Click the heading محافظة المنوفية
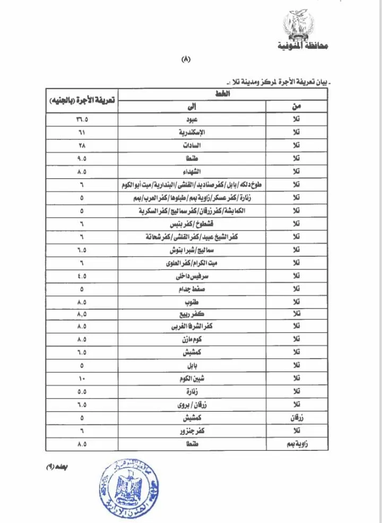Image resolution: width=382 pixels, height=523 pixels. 303,47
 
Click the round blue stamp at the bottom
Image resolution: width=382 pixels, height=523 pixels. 126,486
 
